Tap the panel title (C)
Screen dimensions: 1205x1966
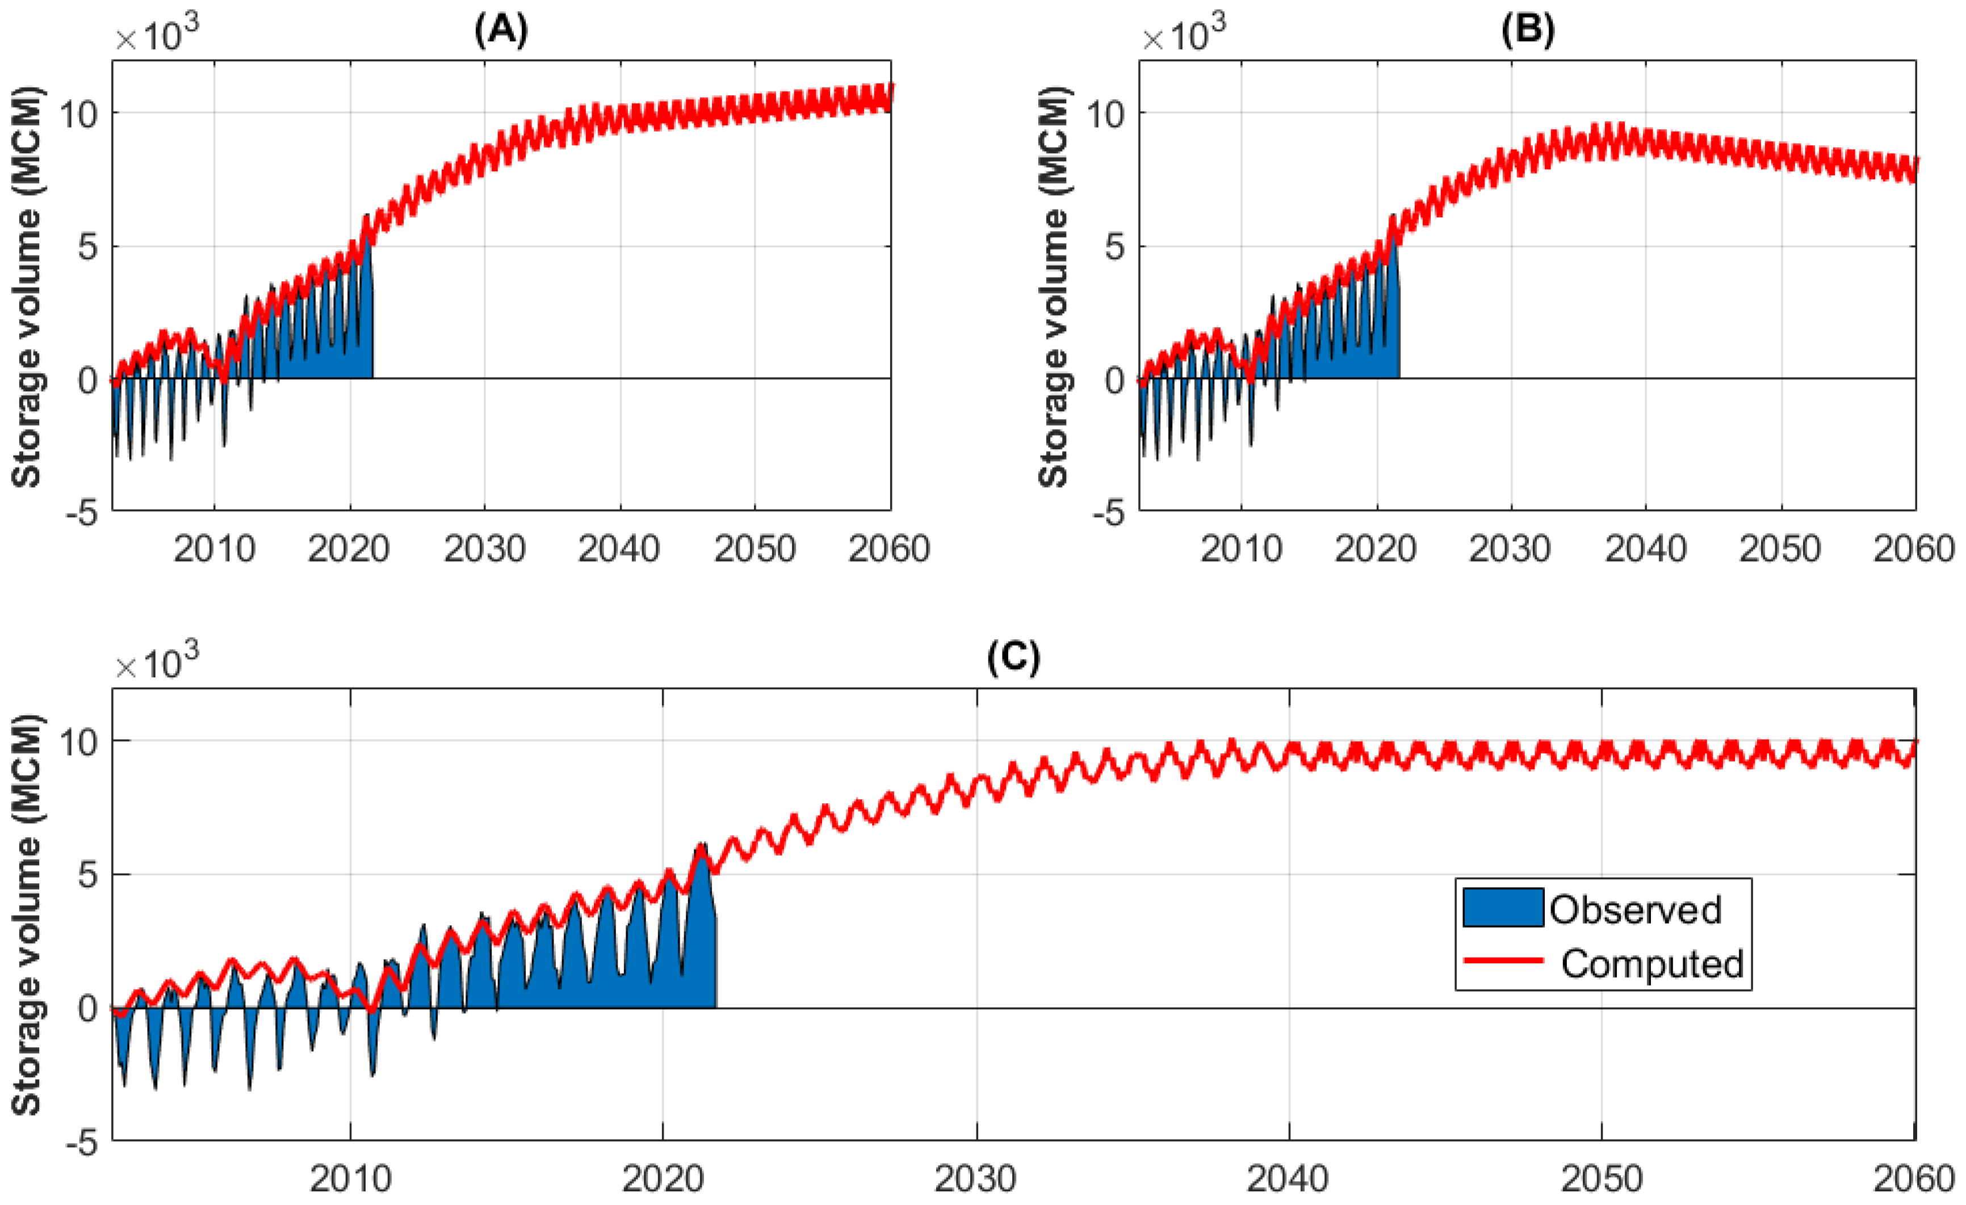click(1013, 658)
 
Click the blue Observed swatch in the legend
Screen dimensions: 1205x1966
click(1502, 908)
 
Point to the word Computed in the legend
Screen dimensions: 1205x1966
click(1651, 964)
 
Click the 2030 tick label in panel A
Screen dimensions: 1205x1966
click(484, 549)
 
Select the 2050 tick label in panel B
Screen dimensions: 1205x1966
click(1780, 549)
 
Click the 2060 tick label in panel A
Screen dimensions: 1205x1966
click(889, 549)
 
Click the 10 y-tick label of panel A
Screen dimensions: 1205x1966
click(78, 114)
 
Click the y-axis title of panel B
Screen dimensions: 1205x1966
click(1054, 285)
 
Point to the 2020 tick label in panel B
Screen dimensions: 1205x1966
click(1376, 549)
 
